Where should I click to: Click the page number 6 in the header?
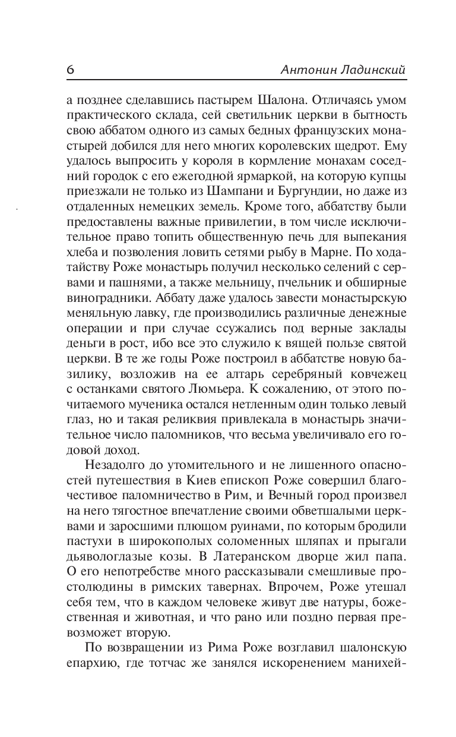point(70,70)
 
